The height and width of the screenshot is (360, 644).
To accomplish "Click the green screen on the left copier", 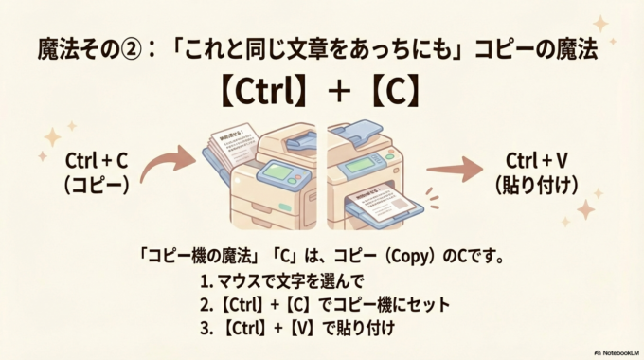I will [x=276, y=171].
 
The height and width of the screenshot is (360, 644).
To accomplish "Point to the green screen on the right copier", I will [x=362, y=162].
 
